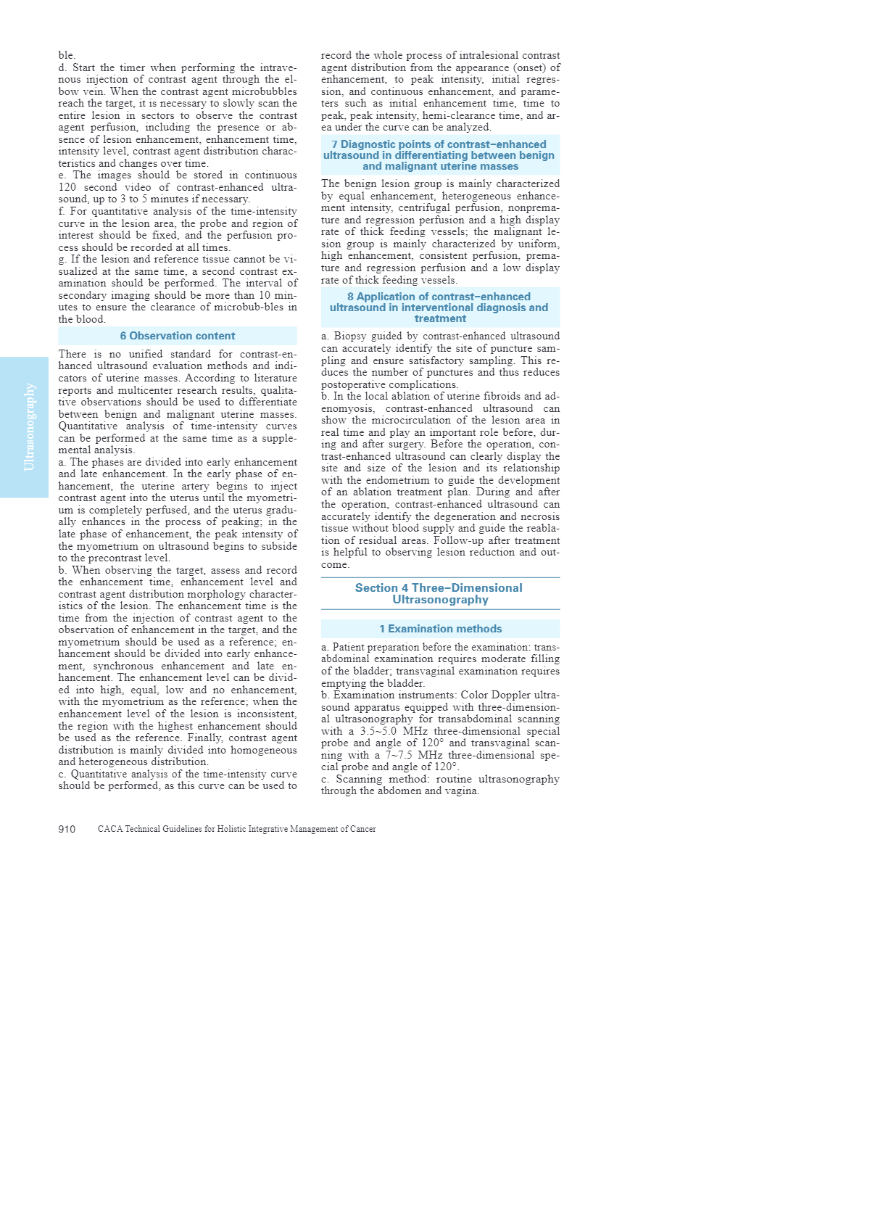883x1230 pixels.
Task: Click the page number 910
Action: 67,829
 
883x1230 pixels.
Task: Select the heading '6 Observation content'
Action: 178,336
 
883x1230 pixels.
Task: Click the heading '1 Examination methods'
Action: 440,629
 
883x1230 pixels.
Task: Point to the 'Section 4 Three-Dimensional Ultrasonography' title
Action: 439,593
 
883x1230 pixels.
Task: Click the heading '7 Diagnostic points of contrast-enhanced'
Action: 439,144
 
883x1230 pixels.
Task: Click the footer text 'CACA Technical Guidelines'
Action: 236,829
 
